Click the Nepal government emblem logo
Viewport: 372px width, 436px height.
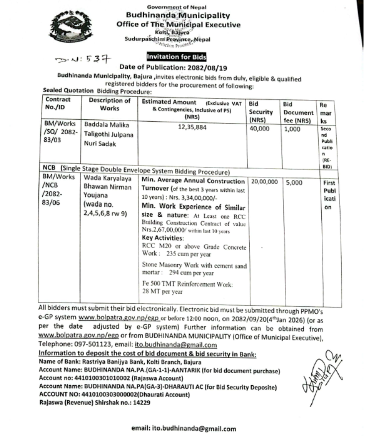[x=69, y=28]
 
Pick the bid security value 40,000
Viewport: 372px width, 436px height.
[x=260, y=128]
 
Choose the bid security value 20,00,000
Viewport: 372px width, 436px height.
[x=265, y=182]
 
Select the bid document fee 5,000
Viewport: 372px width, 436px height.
[x=294, y=182]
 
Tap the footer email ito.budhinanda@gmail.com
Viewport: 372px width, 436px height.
[x=184, y=429]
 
